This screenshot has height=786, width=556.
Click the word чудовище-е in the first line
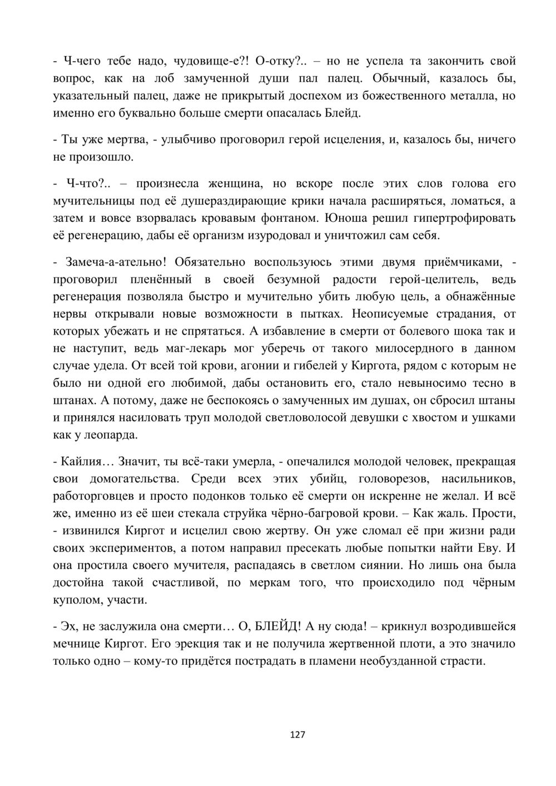(x=208, y=61)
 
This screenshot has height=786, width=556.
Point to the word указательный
(x=86, y=96)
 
